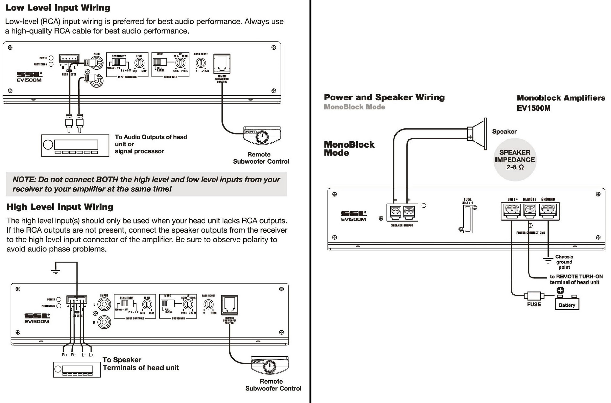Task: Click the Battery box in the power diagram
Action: (x=567, y=305)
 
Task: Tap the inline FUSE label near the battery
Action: (x=534, y=305)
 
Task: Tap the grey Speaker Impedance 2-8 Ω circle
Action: (x=515, y=160)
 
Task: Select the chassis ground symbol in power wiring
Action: (x=548, y=260)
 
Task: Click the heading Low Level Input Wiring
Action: (x=58, y=8)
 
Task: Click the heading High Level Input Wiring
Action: (x=60, y=207)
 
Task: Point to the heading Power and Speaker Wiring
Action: (x=384, y=97)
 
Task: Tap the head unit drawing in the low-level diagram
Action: (x=75, y=145)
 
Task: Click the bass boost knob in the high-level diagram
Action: (x=208, y=304)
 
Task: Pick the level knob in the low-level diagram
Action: (x=139, y=63)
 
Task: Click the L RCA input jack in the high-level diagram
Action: (x=104, y=304)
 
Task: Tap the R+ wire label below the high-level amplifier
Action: (x=64, y=355)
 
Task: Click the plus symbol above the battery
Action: (x=560, y=290)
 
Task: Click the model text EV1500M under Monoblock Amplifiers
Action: (x=533, y=108)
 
